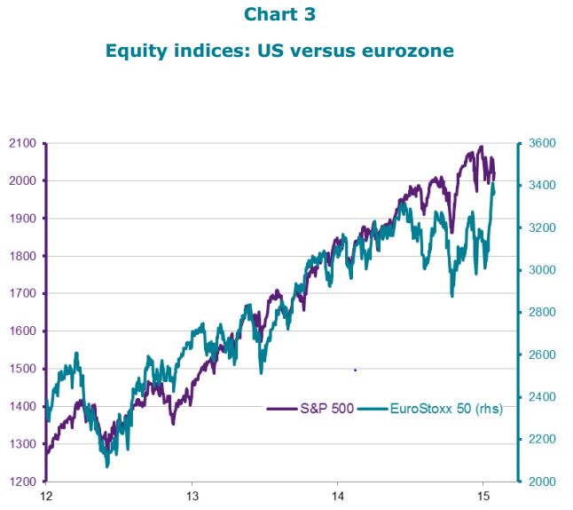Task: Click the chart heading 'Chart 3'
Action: tap(279, 14)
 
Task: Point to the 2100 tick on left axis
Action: tap(22, 143)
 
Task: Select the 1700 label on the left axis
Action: tap(22, 293)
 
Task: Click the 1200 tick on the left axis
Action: tap(22, 482)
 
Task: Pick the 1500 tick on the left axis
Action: tap(22, 369)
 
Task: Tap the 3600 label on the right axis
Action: tap(542, 143)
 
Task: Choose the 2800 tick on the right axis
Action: tap(542, 312)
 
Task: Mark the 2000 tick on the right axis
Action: tap(542, 482)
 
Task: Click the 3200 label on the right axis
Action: tap(542, 227)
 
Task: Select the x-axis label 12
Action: tap(46, 496)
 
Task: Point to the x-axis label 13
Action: tap(192, 496)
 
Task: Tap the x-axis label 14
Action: tap(338, 496)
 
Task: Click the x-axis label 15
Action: tap(483, 496)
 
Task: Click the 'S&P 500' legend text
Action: tap(327, 408)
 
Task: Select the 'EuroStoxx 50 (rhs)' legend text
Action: tap(446, 408)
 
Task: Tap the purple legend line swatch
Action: tap(282, 409)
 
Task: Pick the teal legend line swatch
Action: tap(373, 409)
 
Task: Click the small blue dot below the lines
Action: tap(355, 371)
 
